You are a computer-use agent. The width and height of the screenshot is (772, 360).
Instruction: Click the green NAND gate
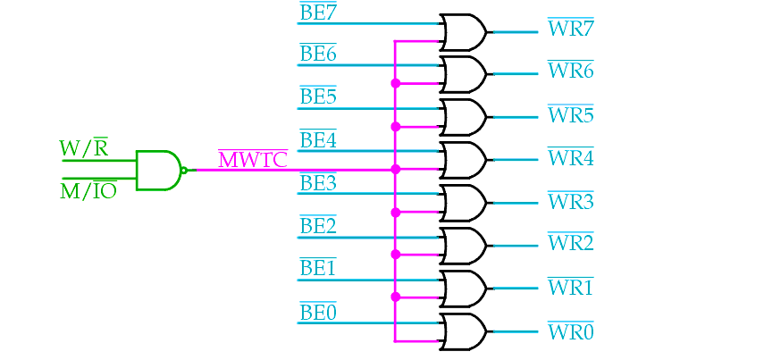[x=158, y=171]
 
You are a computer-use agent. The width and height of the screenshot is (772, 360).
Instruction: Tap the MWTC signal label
[x=253, y=160]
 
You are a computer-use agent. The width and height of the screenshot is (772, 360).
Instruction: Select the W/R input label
[x=83, y=147]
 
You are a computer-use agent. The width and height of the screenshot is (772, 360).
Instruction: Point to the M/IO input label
[x=88, y=190]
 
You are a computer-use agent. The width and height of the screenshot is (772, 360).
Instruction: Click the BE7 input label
[x=318, y=13]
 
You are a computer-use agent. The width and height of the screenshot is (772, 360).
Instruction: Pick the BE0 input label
[x=318, y=312]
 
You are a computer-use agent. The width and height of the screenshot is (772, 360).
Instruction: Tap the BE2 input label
[x=318, y=225]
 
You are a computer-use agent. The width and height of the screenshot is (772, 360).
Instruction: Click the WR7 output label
[x=571, y=28]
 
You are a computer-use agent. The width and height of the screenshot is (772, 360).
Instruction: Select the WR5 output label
[x=571, y=113]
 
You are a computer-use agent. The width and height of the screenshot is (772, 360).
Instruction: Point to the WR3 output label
[x=571, y=200]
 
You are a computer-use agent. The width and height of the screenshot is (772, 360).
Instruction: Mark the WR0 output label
[x=571, y=331]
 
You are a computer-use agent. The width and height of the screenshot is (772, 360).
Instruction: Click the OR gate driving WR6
[x=464, y=74]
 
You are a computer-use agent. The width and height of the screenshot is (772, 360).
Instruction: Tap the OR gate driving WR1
[x=464, y=289]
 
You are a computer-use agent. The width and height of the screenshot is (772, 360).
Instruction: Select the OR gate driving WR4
[x=464, y=160]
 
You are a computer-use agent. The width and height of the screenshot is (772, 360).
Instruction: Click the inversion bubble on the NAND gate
[x=184, y=171]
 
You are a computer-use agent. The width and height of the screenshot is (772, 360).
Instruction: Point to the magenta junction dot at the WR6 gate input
[x=395, y=83]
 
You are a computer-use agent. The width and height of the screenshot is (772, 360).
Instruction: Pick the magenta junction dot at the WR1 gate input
[x=395, y=297]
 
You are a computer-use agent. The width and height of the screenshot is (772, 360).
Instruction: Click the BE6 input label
[x=318, y=54]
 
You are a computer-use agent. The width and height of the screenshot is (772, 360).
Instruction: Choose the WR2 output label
[x=571, y=242]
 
